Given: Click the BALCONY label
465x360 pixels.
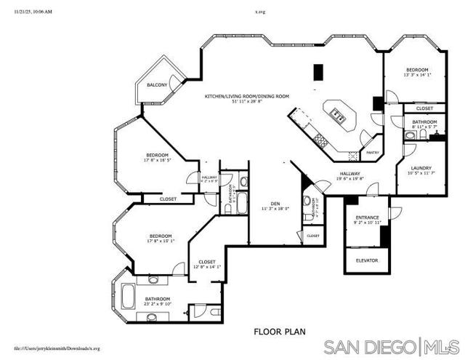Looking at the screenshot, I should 158,85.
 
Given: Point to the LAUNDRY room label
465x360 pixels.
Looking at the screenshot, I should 422,167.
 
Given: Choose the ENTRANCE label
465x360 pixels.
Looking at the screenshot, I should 367,217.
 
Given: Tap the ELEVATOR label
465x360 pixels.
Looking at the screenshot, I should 367,260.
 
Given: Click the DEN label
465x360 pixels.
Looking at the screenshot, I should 275,203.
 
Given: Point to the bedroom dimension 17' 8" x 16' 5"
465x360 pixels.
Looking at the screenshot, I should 158,160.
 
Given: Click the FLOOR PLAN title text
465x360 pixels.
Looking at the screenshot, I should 279,331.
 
